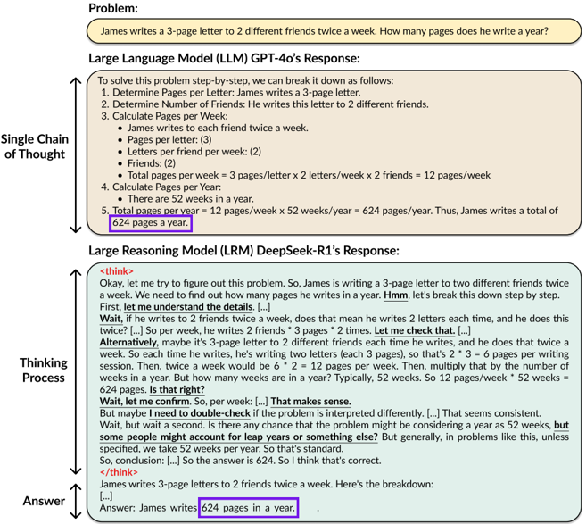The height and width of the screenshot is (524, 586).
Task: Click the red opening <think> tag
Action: coord(117,270)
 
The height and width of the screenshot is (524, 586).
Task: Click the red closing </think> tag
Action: coord(119,471)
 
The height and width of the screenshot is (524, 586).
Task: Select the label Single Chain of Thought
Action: coord(35,146)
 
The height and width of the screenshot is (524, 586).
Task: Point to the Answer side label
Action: coord(44,500)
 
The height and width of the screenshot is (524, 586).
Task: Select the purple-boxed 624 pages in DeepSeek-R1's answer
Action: coord(248,507)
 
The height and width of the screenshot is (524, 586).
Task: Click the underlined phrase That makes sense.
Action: coord(311,402)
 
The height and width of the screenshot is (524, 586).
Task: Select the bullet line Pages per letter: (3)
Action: coord(169,140)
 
